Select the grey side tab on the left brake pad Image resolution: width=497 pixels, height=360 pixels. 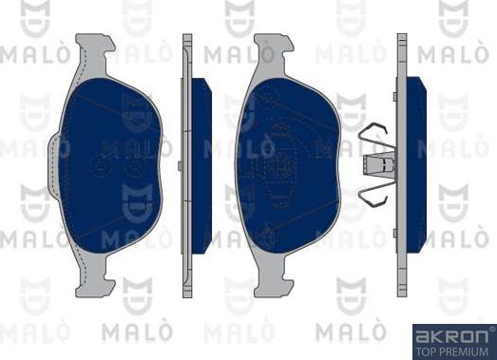[x=62, y=149]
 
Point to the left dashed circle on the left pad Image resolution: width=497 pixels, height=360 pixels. [x=100, y=166]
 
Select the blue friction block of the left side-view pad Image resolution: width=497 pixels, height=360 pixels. [x=201, y=164]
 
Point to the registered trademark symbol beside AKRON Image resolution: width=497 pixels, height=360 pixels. [x=490, y=330]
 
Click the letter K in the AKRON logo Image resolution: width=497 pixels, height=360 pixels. [x=436, y=335]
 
